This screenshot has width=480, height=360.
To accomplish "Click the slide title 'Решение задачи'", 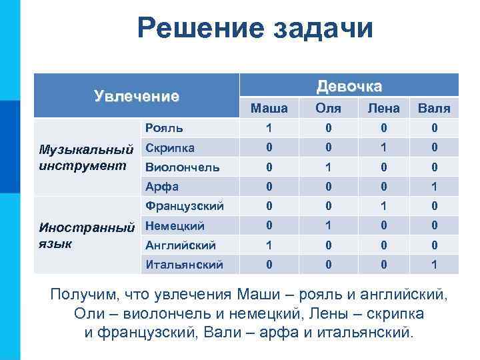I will coord(255,29).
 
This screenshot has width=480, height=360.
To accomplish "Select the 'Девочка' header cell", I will coord(349,87).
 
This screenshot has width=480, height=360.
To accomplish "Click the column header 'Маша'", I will coord(269,107).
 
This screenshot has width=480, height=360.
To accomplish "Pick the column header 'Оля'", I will coord(329,107).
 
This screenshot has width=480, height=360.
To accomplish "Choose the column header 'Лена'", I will coord(383,107).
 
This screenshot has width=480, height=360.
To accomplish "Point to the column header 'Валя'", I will coord(434,107).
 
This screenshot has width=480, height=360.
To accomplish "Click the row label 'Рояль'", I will coord(165,127).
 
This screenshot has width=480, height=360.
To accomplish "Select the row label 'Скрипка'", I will coord(170,147).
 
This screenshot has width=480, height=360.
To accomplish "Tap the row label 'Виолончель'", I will coord(182,167).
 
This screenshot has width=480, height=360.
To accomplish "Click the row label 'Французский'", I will coord(185,206).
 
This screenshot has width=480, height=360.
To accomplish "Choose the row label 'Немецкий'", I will coord(175,226).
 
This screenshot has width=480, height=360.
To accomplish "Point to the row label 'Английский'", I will coord(181,245).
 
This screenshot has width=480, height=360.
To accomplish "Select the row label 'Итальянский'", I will coord(184,265).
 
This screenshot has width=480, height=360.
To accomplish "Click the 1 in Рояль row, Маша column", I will coord(269,127).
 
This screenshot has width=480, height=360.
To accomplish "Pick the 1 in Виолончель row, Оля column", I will coord(329,167).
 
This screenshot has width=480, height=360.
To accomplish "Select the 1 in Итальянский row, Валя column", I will coord(434,265).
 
